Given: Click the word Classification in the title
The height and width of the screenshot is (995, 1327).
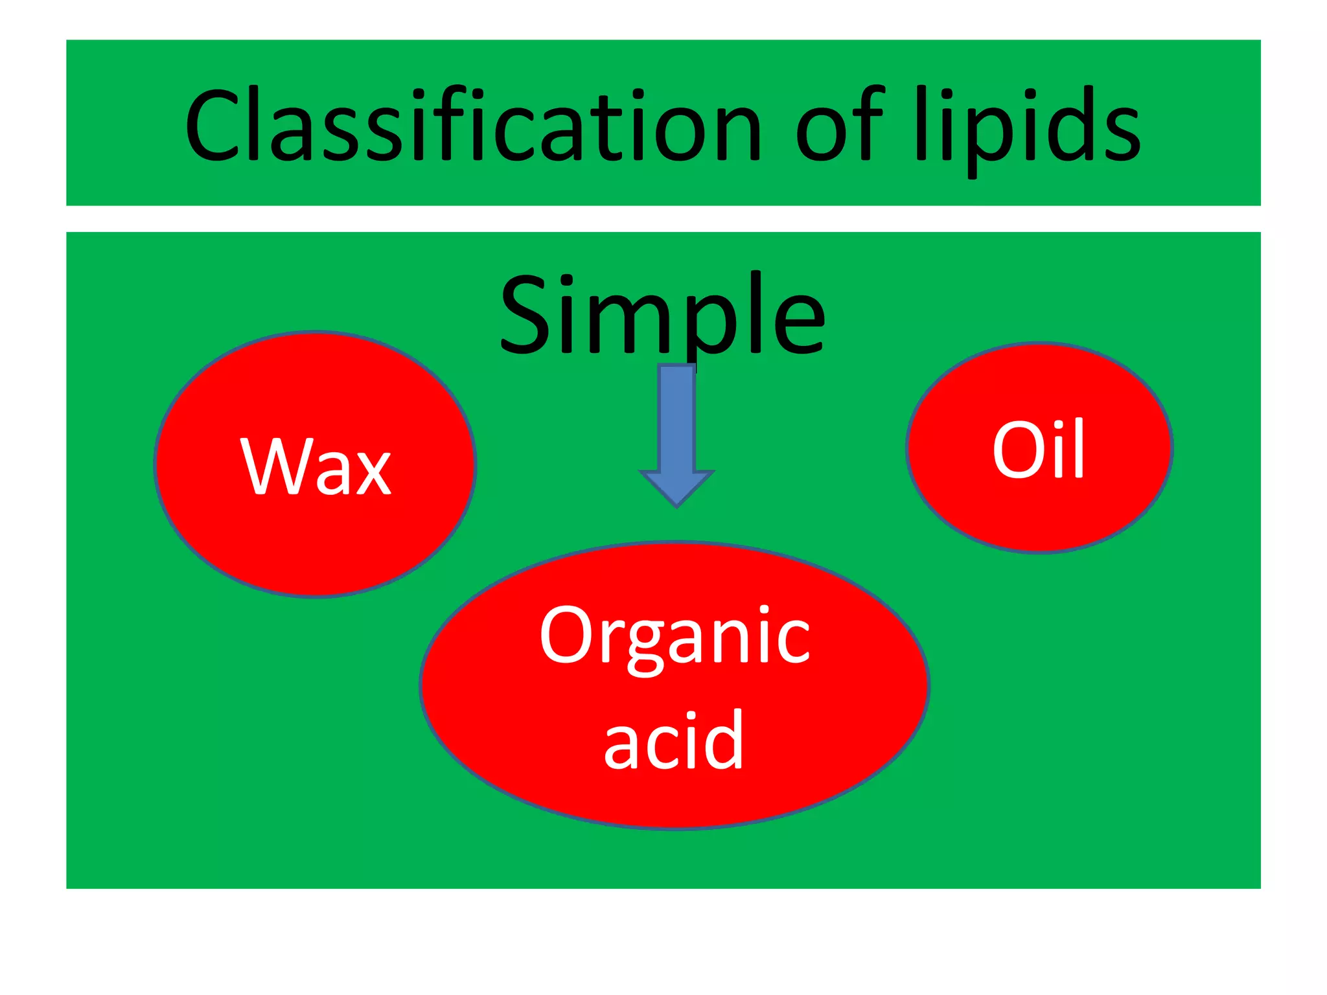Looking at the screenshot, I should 473,126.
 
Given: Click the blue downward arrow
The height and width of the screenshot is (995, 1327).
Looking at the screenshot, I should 676,428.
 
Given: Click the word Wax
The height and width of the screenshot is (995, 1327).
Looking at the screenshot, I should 316,466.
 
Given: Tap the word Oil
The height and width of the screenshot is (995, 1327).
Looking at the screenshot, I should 1039,450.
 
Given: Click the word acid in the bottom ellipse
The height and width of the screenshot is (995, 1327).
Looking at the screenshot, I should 674,742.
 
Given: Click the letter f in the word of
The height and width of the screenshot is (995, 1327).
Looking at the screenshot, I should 870,123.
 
